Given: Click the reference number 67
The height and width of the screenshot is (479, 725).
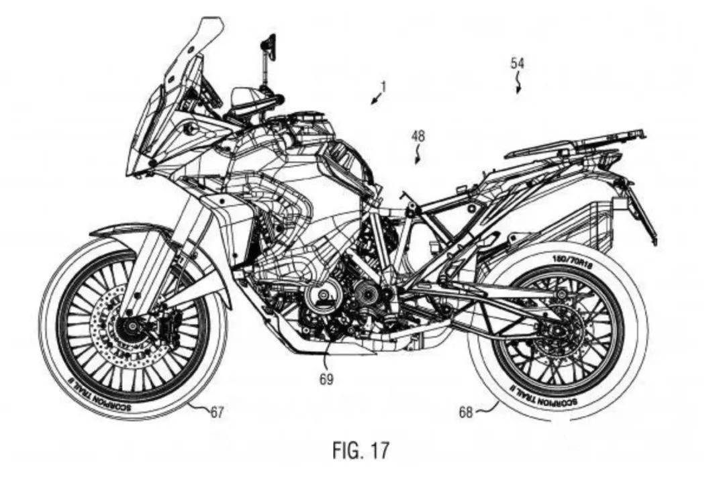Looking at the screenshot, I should tap(216, 413).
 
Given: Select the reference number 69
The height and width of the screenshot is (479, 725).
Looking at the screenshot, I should tap(326, 379).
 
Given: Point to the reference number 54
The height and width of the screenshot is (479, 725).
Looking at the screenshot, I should tap(517, 64).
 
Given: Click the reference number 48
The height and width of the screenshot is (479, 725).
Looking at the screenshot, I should tap(418, 136).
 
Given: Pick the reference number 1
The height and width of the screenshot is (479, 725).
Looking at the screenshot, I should tap(383, 86).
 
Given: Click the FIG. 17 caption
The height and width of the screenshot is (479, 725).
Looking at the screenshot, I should tap(360, 449).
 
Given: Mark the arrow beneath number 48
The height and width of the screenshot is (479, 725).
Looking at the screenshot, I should tap(418, 157).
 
